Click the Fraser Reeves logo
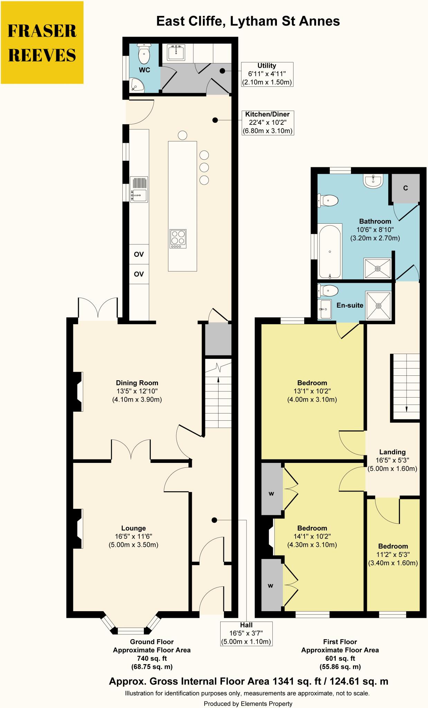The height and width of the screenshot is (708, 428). [42, 43]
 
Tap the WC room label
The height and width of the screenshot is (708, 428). [145, 70]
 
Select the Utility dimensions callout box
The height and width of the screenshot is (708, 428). [267, 74]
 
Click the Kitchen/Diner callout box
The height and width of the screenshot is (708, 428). [268, 123]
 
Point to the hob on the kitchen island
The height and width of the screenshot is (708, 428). [178, 239]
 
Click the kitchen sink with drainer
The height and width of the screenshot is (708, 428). [139, 189]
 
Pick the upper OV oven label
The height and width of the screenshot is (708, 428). [139, 254]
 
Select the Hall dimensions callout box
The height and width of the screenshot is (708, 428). [246, 633]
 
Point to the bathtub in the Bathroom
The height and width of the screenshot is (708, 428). [330, 251]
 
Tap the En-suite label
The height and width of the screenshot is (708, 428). [350, 305]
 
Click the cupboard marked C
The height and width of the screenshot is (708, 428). [406, 188]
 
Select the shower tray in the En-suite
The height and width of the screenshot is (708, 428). [379, 306]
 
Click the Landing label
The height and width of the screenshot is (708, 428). [392, 452]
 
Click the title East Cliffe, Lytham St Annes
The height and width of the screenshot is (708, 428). [248, 21]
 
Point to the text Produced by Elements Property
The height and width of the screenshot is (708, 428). [248, 703]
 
